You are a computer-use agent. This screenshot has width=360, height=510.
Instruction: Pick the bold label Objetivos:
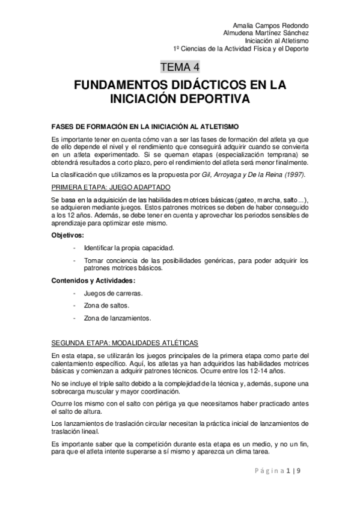click(68, 235)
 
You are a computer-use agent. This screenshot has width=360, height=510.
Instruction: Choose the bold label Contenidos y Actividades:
click(93, 281)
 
